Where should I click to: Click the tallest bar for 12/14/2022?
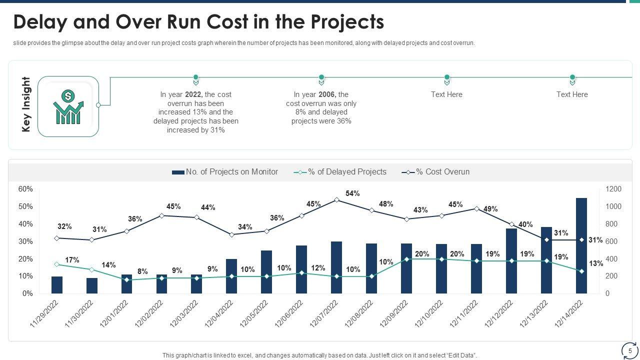click(581, 245)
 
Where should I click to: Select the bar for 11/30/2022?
click(92, 285)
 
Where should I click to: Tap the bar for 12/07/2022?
click(336, 267)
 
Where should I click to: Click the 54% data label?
click(352, 193)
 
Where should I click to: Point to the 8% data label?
click(142, 271)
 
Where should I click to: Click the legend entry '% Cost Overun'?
click(435, 172)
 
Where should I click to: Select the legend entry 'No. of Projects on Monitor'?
click(225, 172)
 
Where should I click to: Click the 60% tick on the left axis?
click(25, 189)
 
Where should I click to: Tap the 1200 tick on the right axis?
click(613, 189)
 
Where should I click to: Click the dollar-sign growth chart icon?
click(68, 106)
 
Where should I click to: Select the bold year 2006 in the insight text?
click(326, 94)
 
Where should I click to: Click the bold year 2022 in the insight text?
click(193, 94)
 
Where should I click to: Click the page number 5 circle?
click(630, 351)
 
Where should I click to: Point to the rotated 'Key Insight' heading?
click(26, 104)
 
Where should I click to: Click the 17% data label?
click(72, 260)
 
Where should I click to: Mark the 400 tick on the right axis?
click(613, 259)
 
